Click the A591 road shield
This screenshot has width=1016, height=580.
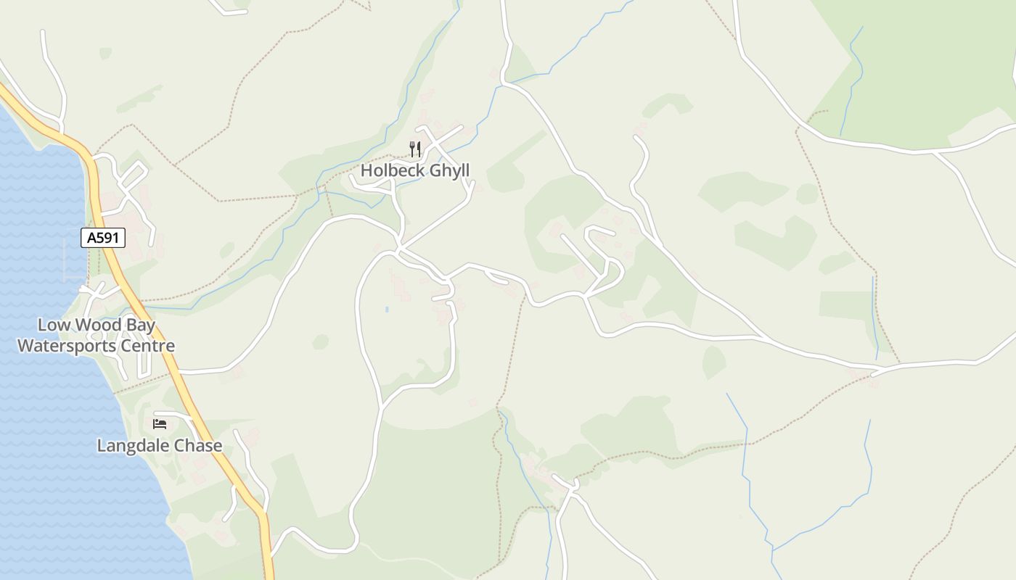(x=103, y=238)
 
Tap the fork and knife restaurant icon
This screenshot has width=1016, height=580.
(x=415, y=149)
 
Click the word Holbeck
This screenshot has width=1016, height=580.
(x=393, y=170)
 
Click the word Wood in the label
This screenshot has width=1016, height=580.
(x=91, y=325)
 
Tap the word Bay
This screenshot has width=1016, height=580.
(x=139, y=326)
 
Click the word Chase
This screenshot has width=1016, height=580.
(x=198, y=446)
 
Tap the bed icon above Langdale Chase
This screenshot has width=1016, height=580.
(x=160, y=423)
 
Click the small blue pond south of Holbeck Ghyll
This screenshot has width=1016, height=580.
(x=387, y=310)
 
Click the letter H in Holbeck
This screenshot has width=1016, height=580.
(x=366, y=170)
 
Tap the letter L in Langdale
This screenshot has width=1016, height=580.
(x=102, y=446)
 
